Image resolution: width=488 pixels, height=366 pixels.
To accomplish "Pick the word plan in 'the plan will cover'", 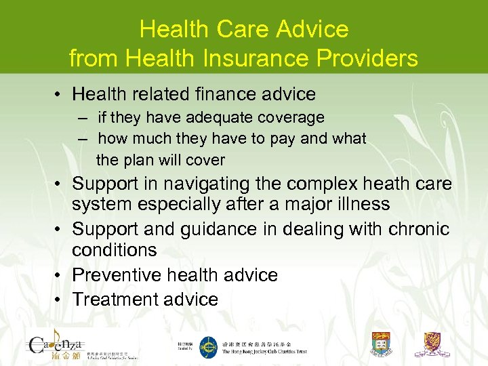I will point(140,161).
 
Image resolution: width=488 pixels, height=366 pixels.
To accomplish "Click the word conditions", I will point(114,249).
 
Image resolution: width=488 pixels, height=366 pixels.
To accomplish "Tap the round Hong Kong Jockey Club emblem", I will point(208,347).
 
